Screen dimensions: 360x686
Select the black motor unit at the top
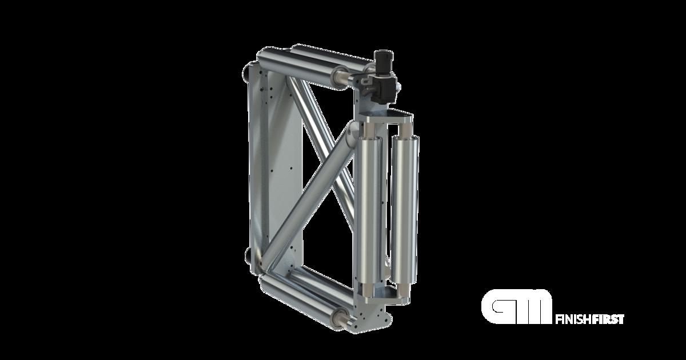pyautogui.click(x=382, y=80)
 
